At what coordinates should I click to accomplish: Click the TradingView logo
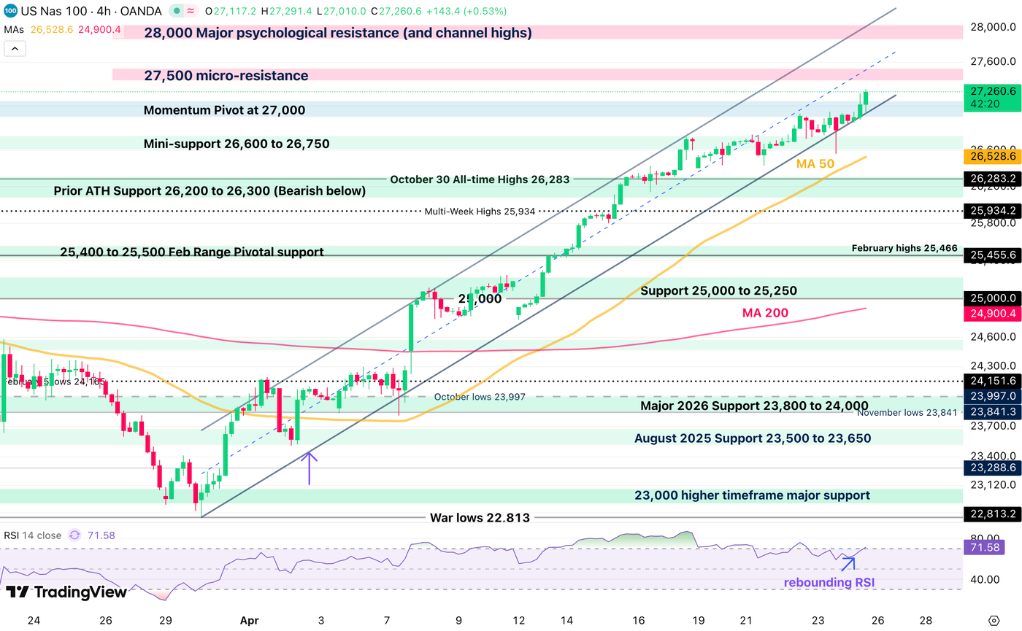click(x=66, y=592)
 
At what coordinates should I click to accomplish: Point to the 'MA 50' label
click(x=815, y=164)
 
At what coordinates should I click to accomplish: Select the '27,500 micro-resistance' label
click(x=226, y=76)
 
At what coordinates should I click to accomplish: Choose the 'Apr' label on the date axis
click(x=250, y=620)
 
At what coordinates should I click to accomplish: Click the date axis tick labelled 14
click(x=566, y=620)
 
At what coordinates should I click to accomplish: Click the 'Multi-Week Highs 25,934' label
click(x=480, y=212)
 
